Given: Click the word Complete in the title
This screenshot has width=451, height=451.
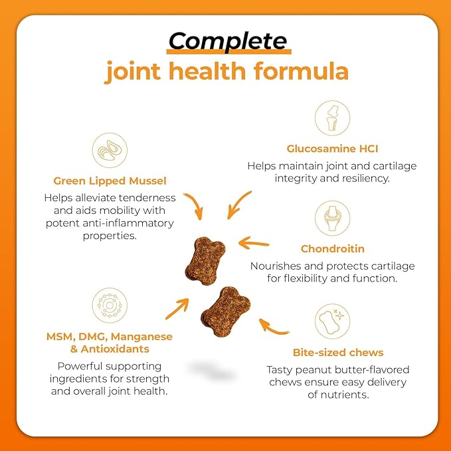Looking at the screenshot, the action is [228, 41].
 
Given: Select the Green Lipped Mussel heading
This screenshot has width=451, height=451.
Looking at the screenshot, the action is [110, 181].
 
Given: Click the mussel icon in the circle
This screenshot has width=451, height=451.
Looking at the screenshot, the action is [110, 150].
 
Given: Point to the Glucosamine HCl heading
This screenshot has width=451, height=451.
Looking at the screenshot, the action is [332, 149].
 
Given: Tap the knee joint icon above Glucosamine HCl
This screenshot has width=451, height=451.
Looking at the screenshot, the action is [332, 118].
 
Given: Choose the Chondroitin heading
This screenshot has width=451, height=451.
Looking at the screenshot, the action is [333, 249].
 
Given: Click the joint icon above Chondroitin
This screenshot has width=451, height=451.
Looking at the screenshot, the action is [332, 219].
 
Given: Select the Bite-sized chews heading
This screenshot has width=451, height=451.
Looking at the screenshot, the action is [338, 353].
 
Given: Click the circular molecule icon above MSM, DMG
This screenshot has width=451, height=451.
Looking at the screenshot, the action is [110, 305].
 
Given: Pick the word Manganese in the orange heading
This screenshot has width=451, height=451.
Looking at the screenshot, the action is [141, 337].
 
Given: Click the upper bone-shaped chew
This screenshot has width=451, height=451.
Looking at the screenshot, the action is [205, 260].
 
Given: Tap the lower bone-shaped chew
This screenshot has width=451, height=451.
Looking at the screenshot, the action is [226, 312].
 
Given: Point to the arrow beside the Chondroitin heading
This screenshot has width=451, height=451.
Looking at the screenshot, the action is [254, 243].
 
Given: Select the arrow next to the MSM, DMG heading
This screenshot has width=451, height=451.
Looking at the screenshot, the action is [177, 309].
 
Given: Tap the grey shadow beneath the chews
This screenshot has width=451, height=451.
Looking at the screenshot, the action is [213, 371].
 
